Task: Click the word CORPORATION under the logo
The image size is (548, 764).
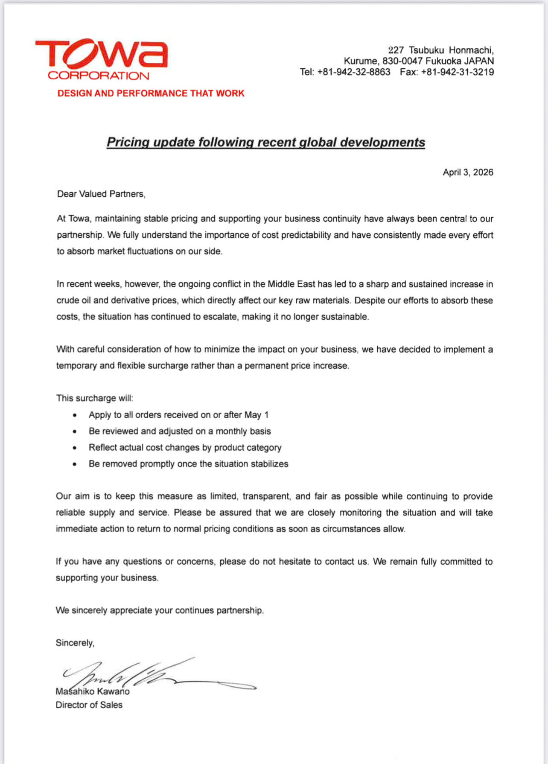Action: (x=99, y=76)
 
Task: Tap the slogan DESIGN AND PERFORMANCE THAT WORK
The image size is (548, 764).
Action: (x=151, y=93)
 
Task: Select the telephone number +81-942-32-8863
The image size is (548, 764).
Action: (x=354, y=72)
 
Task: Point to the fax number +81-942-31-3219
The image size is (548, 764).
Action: (x=458, y=72)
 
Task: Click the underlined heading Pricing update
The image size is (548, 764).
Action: (x=265, y=142)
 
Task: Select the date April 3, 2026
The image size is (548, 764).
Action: (x=468, y=172)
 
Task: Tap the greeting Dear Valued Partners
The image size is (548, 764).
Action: (x=101, y=194)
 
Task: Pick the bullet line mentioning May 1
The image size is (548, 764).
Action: (x=178, y=415)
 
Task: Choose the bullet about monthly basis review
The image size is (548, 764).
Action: (x=180, y=431)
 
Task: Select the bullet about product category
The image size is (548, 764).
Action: (x=185, y=447)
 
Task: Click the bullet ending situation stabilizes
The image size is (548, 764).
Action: (x=188, y=464)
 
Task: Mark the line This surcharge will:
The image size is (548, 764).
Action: (x=94, y=398)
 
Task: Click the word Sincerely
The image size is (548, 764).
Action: (x=75, y=643)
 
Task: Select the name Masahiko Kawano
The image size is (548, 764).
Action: (x=93, y=691)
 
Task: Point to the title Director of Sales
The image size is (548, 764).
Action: (x=89, y=705)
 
